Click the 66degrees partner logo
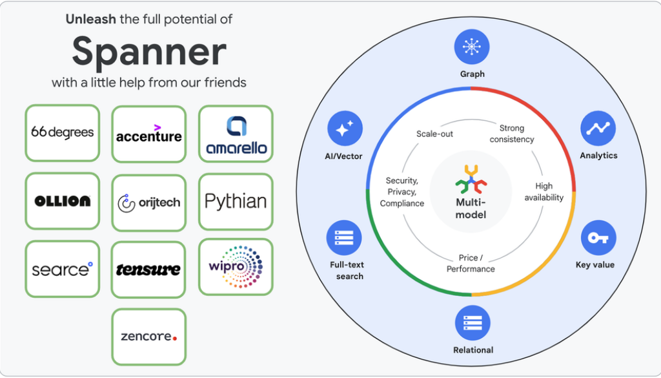click(x=63, y=132)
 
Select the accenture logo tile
click(x=149, y=134)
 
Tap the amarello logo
click(x=236, y=134)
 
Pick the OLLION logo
click(x=63, y=201)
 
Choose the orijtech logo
click(x=149, y=202)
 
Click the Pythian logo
click(x=236, y=202)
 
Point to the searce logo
click(x=63, y=269)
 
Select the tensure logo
click(x=149, y=269)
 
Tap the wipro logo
click(x=236, y=267)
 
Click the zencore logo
click(x=149, y=337)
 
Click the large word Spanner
click(x=149, y=52)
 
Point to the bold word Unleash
click(x=90, y=19)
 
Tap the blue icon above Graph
click(x=472, y=47)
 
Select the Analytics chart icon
click(x=598, y=128)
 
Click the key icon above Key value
click(x=598, y=238)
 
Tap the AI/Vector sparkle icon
click(x=345, y=128)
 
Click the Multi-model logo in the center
click(x=471, y=180)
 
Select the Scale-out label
click(x=434, y=134)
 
